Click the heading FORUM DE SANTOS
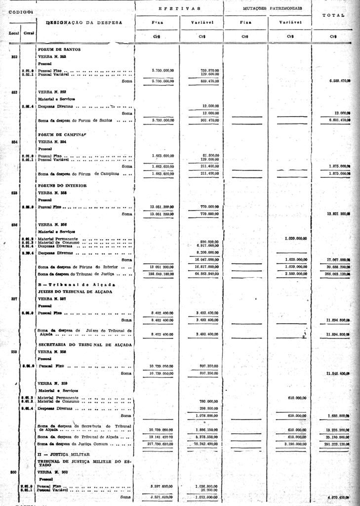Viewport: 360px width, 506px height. (x=59, y=49)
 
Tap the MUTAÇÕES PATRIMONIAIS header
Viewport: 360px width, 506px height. (x=273, y=8)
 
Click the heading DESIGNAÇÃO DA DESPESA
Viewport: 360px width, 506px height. (x=84, y=23)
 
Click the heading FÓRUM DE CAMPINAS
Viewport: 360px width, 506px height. (x=62, y=134)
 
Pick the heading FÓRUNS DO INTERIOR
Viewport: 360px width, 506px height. (x=62, y=185)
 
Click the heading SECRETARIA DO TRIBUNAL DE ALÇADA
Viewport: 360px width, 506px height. (x=85, y=344)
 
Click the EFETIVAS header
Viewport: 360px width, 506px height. (x=179, y=8)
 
